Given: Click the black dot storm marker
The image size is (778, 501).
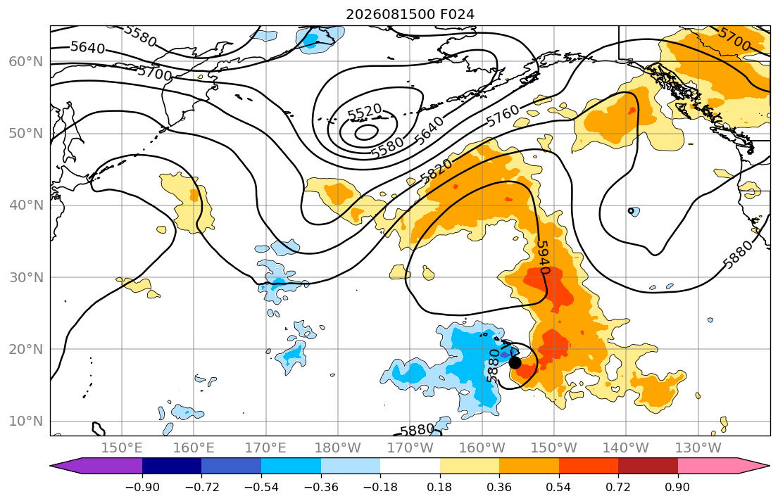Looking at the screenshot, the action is coord(515,362).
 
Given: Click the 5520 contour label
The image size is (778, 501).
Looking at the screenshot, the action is coord(365,112).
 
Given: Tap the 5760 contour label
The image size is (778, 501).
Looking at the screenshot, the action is coord(503,115).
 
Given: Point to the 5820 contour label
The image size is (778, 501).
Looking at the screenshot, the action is coord(436,171).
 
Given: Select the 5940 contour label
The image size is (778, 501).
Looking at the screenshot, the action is coord(544,257).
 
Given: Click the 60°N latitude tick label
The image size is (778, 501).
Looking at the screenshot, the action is coord(26,61).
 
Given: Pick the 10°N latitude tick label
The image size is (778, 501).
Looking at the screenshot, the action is coord(26,421).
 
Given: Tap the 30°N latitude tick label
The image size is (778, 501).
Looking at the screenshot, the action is coord(26,277).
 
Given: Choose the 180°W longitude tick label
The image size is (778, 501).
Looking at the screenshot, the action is coord(338,448).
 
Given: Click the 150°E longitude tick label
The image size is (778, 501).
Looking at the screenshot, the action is coord(122,448).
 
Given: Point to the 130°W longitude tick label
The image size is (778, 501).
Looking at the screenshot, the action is coord(698,448).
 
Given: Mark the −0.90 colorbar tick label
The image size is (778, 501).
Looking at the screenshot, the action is coord(142,487).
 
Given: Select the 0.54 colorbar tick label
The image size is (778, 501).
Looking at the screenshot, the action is coord(558,487).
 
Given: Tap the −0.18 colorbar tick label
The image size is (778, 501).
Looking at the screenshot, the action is coord(380,487).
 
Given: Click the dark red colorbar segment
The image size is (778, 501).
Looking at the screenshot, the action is coord(648,466).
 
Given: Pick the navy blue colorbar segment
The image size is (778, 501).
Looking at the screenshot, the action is coord(172,466).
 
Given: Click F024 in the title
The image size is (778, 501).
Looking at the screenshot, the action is coord(457,14).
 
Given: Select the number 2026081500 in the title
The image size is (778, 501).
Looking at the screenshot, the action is coord(391,14).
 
